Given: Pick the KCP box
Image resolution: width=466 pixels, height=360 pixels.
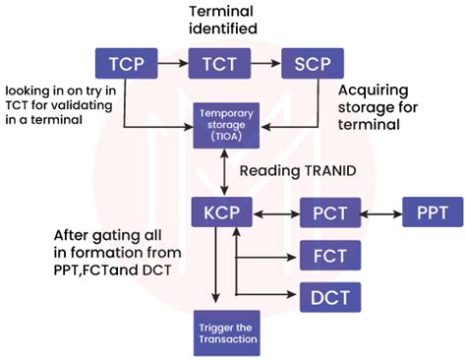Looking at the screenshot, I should (x=221, y=210).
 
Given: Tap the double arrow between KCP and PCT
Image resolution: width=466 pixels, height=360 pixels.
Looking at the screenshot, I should (x=275, y=210).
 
